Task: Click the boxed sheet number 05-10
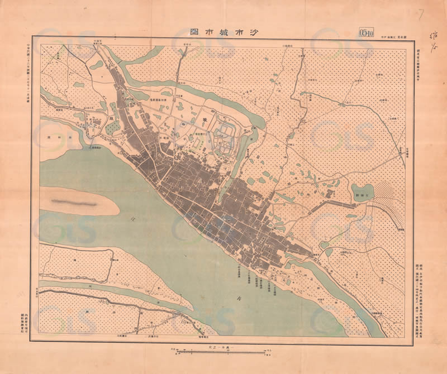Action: click(367, 32)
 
